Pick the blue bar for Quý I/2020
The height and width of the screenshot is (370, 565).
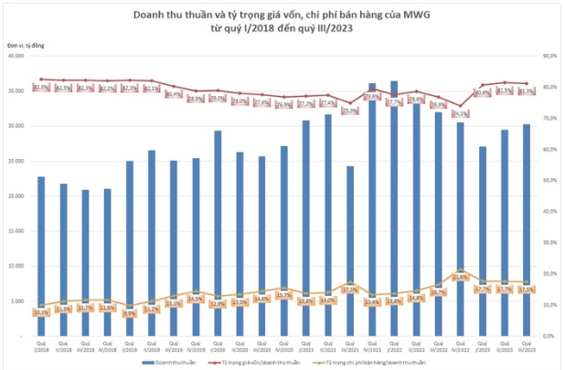(218, 234)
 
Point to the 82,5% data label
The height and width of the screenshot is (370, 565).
(41, 88)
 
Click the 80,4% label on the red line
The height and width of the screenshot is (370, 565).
(173, 94)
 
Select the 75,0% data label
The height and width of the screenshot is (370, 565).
(349, 111)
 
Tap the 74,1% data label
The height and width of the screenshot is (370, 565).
(460, 114)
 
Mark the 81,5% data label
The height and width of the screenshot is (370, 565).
(504, 90)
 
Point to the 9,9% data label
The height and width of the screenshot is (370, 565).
(129, 312)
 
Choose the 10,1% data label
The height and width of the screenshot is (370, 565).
(41, 312)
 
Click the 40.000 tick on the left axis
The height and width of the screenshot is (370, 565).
(16, 56)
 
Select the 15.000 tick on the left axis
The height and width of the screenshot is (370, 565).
(16, 232)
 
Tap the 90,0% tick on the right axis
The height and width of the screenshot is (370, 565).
(549, 56)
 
